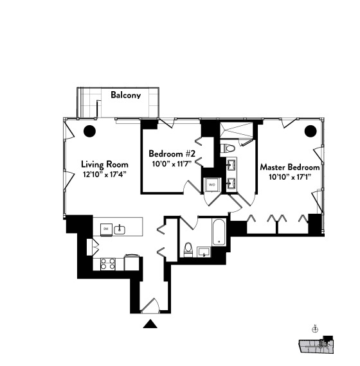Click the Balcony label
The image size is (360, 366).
pos(126,95)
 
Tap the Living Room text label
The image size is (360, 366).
pos(104,163)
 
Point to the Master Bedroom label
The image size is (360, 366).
pos(289,167)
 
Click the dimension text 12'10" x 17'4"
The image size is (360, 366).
pos(104,173)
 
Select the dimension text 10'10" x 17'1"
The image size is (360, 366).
pos(289,177)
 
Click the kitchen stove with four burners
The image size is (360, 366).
pos(108,263)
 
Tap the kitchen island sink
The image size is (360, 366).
pos(120,229)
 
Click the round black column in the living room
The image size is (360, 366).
pos(89,132)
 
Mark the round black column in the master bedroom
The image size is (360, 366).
pos(310,132)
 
